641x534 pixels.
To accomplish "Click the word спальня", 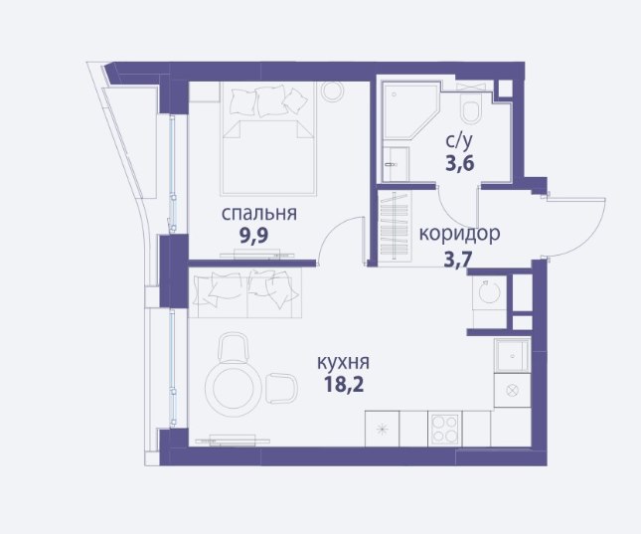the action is (259, 215).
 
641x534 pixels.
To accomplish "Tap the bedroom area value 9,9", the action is (253, 236).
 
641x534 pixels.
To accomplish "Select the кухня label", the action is (344, 363).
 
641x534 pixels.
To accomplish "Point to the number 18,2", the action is (344, 384).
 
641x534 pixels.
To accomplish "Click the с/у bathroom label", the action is (459, 141).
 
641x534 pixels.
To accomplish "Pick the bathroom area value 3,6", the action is (459, 163).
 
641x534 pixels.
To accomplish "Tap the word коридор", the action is (459, 234).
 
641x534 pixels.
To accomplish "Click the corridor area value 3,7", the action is (458, 259).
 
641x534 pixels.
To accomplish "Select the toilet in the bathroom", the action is (471, 107).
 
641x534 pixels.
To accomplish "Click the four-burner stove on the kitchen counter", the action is (444, 430).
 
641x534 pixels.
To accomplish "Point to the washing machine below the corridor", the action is (489, 292).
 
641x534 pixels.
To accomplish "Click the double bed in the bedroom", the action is (268, 138).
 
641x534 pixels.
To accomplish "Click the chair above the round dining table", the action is (233, 347).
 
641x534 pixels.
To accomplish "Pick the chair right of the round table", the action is (281, 389).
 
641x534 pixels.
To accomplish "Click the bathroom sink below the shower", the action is (396, 164).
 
